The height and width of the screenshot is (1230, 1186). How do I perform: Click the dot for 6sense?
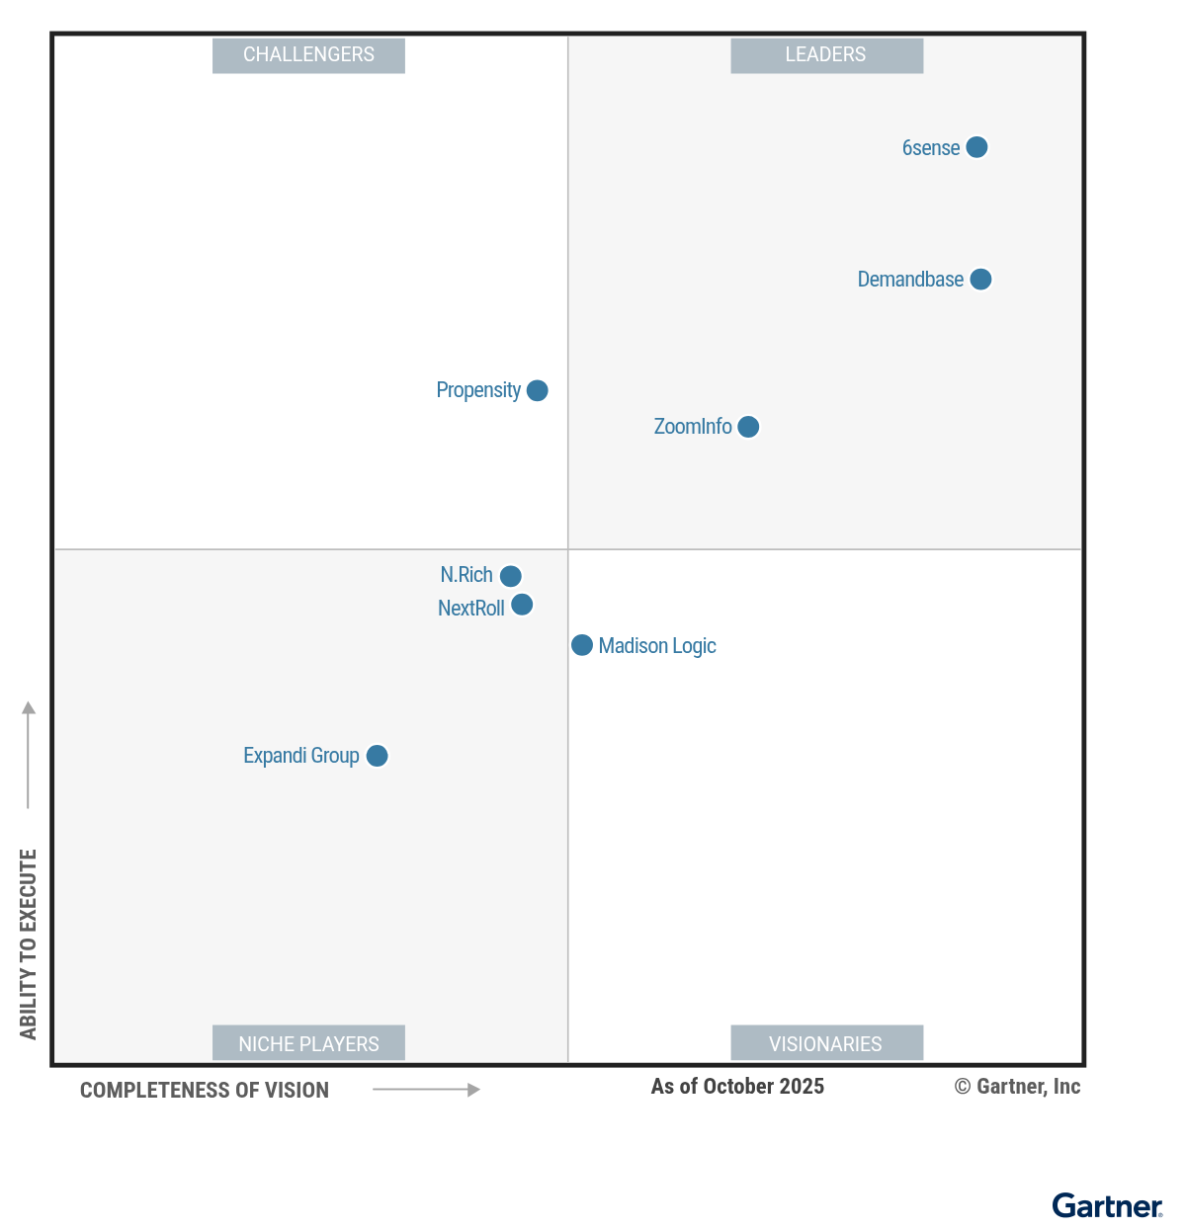[x=976, y=147]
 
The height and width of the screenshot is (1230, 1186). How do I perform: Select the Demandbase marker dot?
[x=980, y=280]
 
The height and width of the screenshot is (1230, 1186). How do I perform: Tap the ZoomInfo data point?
[x=748, y=427]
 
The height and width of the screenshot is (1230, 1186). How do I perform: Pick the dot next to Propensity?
[x=537, y=390]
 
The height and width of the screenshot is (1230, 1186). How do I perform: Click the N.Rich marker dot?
[x=510, y=576]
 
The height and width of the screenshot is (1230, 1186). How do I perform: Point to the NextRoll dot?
[x=522, y=605]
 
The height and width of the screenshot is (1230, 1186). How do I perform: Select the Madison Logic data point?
[x=582, y=645]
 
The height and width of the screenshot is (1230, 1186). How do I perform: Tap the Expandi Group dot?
[x=377, y=756]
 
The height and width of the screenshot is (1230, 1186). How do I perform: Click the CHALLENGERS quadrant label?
[x=308, y=55]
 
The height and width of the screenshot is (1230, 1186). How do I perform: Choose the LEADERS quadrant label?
[x=826, y=55]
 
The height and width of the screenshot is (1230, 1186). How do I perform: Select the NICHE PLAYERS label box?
[x=308, y=1043]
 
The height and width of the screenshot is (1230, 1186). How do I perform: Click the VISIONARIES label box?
[x=826, y=1043]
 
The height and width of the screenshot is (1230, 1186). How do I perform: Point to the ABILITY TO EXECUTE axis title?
[x=28, y=943]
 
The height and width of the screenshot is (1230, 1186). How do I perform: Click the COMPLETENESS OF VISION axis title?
[x=205, y=1091]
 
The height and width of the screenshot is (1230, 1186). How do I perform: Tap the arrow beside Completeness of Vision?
[x=426, y=1090]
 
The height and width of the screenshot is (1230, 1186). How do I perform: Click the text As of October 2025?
[x=737, y=1087]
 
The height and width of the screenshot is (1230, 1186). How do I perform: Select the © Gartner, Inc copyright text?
[x=1017, y=1087]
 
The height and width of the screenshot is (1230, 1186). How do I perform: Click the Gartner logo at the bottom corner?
[x=1107, y=1206]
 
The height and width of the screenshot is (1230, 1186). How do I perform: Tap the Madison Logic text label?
[x=657, y=646]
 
